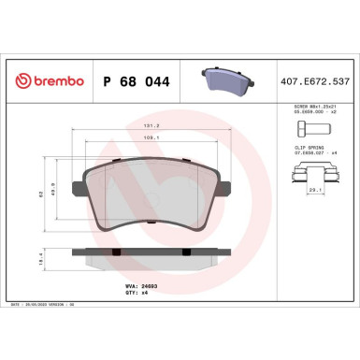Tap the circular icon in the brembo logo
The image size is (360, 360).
click(14, 81)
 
